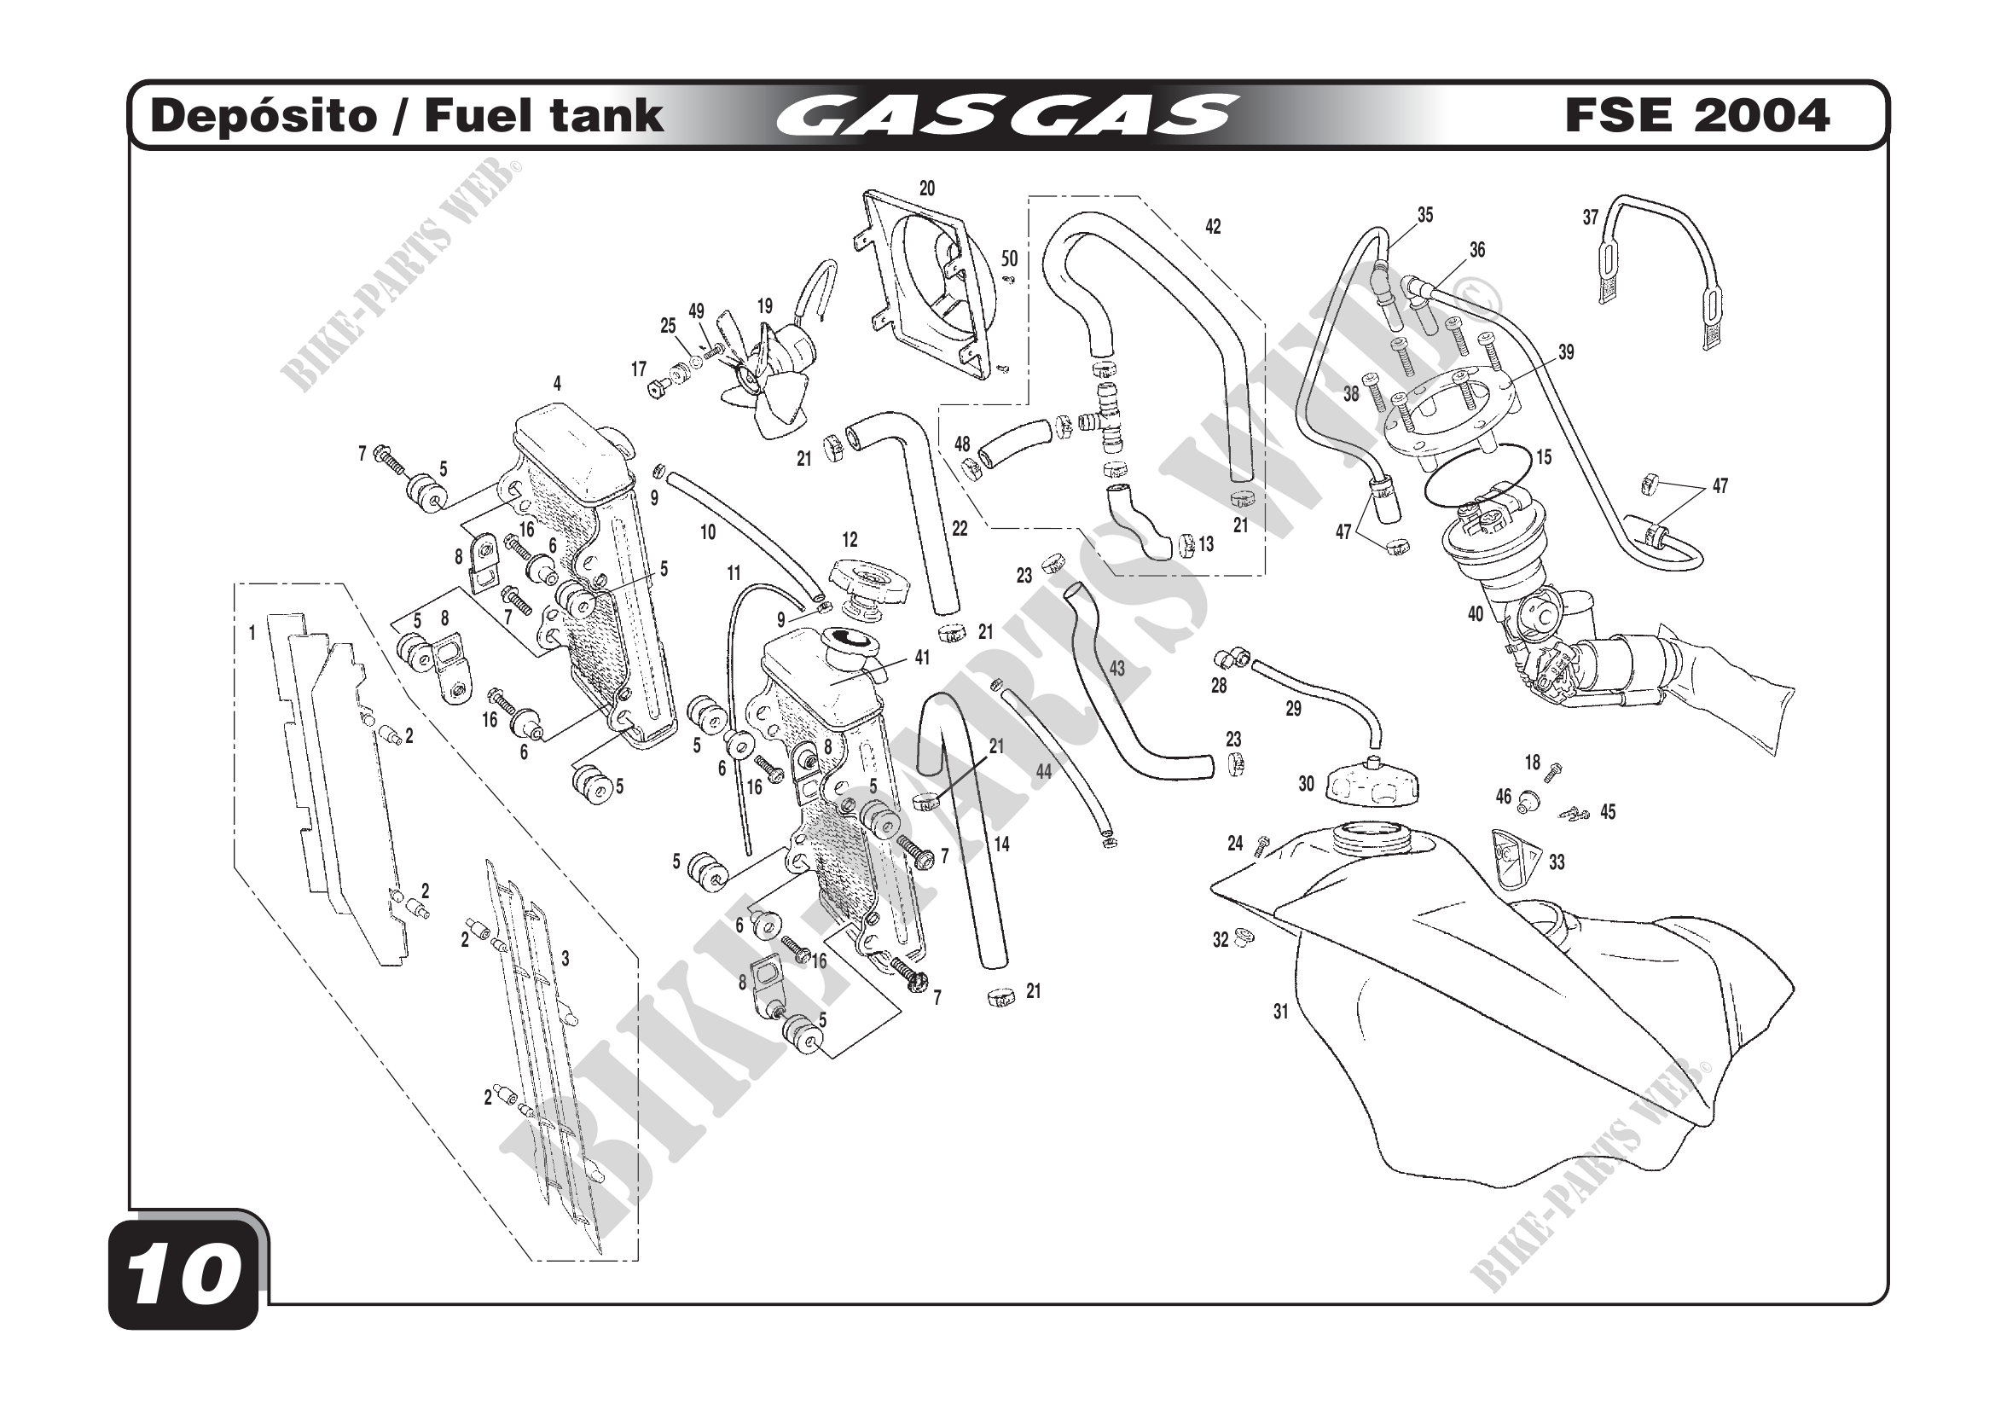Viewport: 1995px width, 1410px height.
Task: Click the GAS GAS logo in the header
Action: click(1006, 116)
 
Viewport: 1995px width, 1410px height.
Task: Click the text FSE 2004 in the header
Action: click(1697, 116)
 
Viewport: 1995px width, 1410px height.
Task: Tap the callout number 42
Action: click(1213, 227)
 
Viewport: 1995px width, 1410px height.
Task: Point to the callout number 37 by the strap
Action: click(1590, 218)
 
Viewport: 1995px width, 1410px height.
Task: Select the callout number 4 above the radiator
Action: click(557, 383)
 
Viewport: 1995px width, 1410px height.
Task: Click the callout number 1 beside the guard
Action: click(252, 633)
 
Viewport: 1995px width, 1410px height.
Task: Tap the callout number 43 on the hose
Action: click(1116, 668)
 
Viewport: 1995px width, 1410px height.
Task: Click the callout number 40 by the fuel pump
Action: click(1476, 614)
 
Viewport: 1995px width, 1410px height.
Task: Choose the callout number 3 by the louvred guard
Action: click(565, 959)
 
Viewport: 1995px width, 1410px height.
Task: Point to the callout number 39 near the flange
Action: click(1566, 351)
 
